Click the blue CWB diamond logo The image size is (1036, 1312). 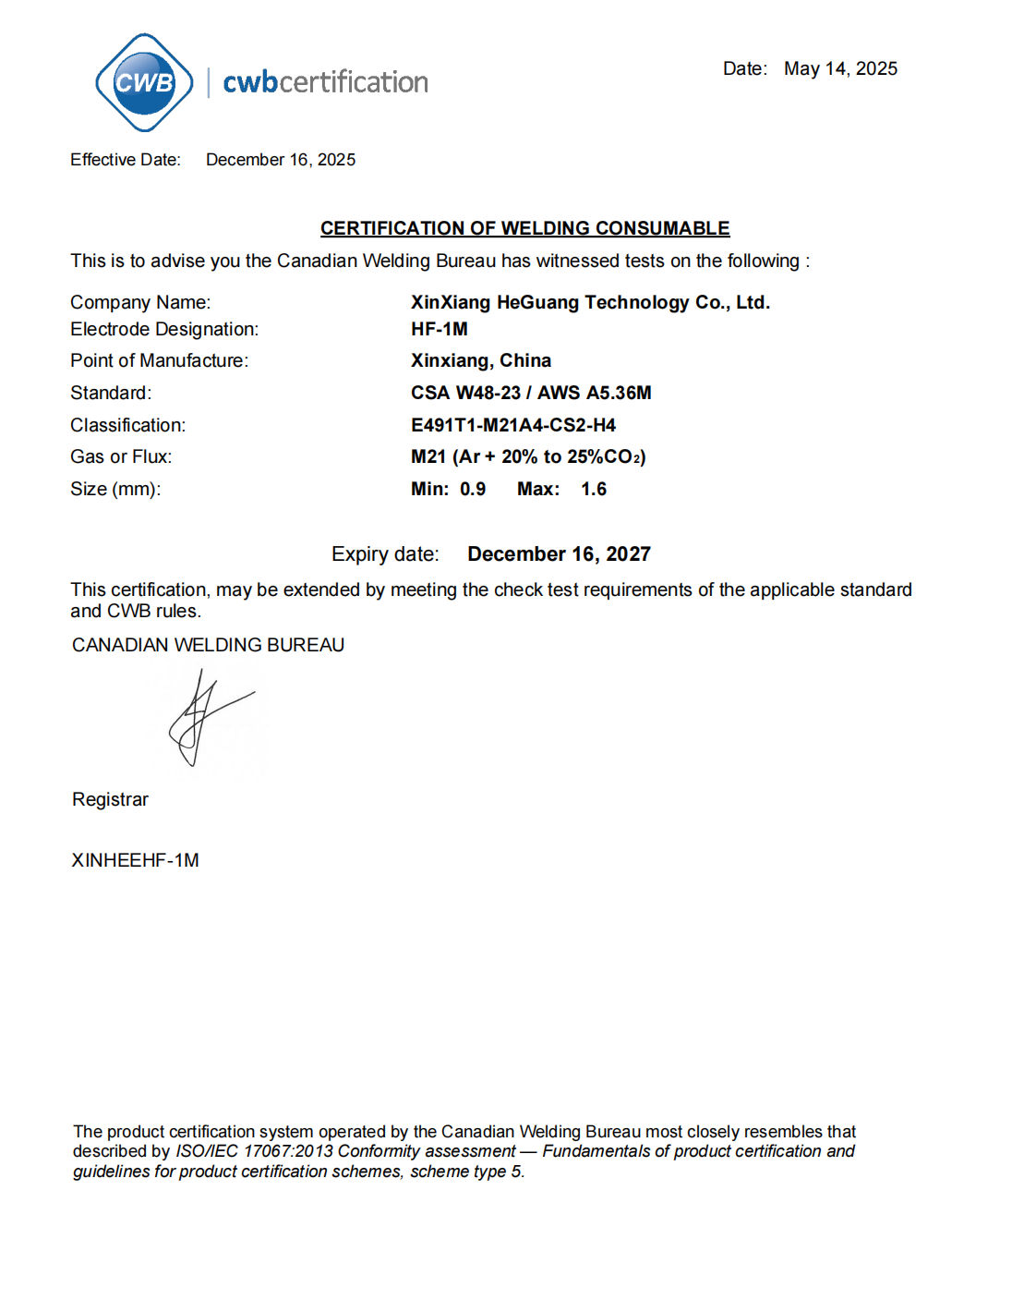pyautogui.click(x=144, y=82)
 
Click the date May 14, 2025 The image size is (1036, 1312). pyautogui.click(x=840, y=69)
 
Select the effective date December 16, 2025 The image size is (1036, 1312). pyautogui.click(x=281, y=160)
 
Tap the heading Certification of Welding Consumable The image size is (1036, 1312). pyautogui.click(x=524, y=228)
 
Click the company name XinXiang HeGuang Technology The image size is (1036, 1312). pyautogui.click(x=590, y=302)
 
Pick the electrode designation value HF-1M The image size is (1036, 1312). pyautogui.click(x=440, y=329)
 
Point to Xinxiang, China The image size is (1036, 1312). pyautogui.click(x=481, y=360)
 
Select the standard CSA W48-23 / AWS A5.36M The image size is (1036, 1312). pyautogui.click(x=531, y=393)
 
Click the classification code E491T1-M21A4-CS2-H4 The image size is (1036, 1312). pyautogui.click(x=513, y=425)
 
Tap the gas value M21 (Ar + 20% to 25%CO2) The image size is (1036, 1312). pyautogui.click(x=528, y=456)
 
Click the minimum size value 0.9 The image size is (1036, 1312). pyautogui.click(x=473, y=489)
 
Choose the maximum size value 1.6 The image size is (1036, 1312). pyautogui.click(x=594, y=489)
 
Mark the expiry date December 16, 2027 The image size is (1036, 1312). pyautogui.click(x=559, y=554)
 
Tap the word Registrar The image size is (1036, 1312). pyautogui.click(x=110, y=799)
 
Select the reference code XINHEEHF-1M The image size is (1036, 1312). pyautogui.click(x=135, y=860)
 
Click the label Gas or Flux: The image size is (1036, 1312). pyautogui.click(x=121, y=456)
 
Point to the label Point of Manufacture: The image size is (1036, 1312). pyautogui.click(x=159, y=360)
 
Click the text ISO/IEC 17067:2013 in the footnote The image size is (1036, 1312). pyautogui.click(x=254, y=1151)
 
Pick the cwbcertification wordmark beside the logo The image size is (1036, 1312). pyautogui.click(x=325, y=82)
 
